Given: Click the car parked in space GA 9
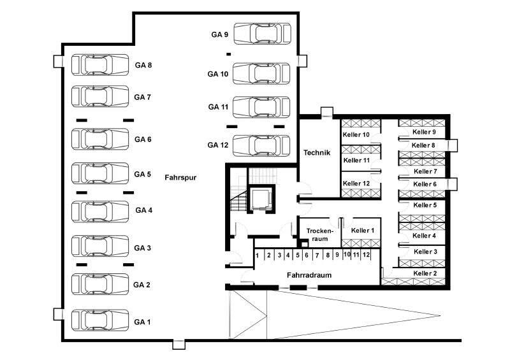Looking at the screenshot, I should (263, 34).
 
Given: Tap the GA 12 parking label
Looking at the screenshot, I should (217, 145).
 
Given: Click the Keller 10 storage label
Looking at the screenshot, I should (356, 135).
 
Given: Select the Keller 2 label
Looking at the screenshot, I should (425, 273).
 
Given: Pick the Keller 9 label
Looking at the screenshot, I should (425, 132).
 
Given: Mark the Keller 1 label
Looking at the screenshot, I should (362, 230).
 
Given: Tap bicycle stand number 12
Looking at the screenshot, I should (366, 255).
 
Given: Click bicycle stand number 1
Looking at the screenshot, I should (258, 256).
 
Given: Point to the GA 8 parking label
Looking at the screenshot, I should (143, 65).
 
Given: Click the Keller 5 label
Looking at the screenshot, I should (425, 205).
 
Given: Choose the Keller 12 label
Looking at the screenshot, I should (356, 184).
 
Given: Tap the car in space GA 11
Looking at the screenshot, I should (263, 108).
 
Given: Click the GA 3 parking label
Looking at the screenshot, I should (143, 248).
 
